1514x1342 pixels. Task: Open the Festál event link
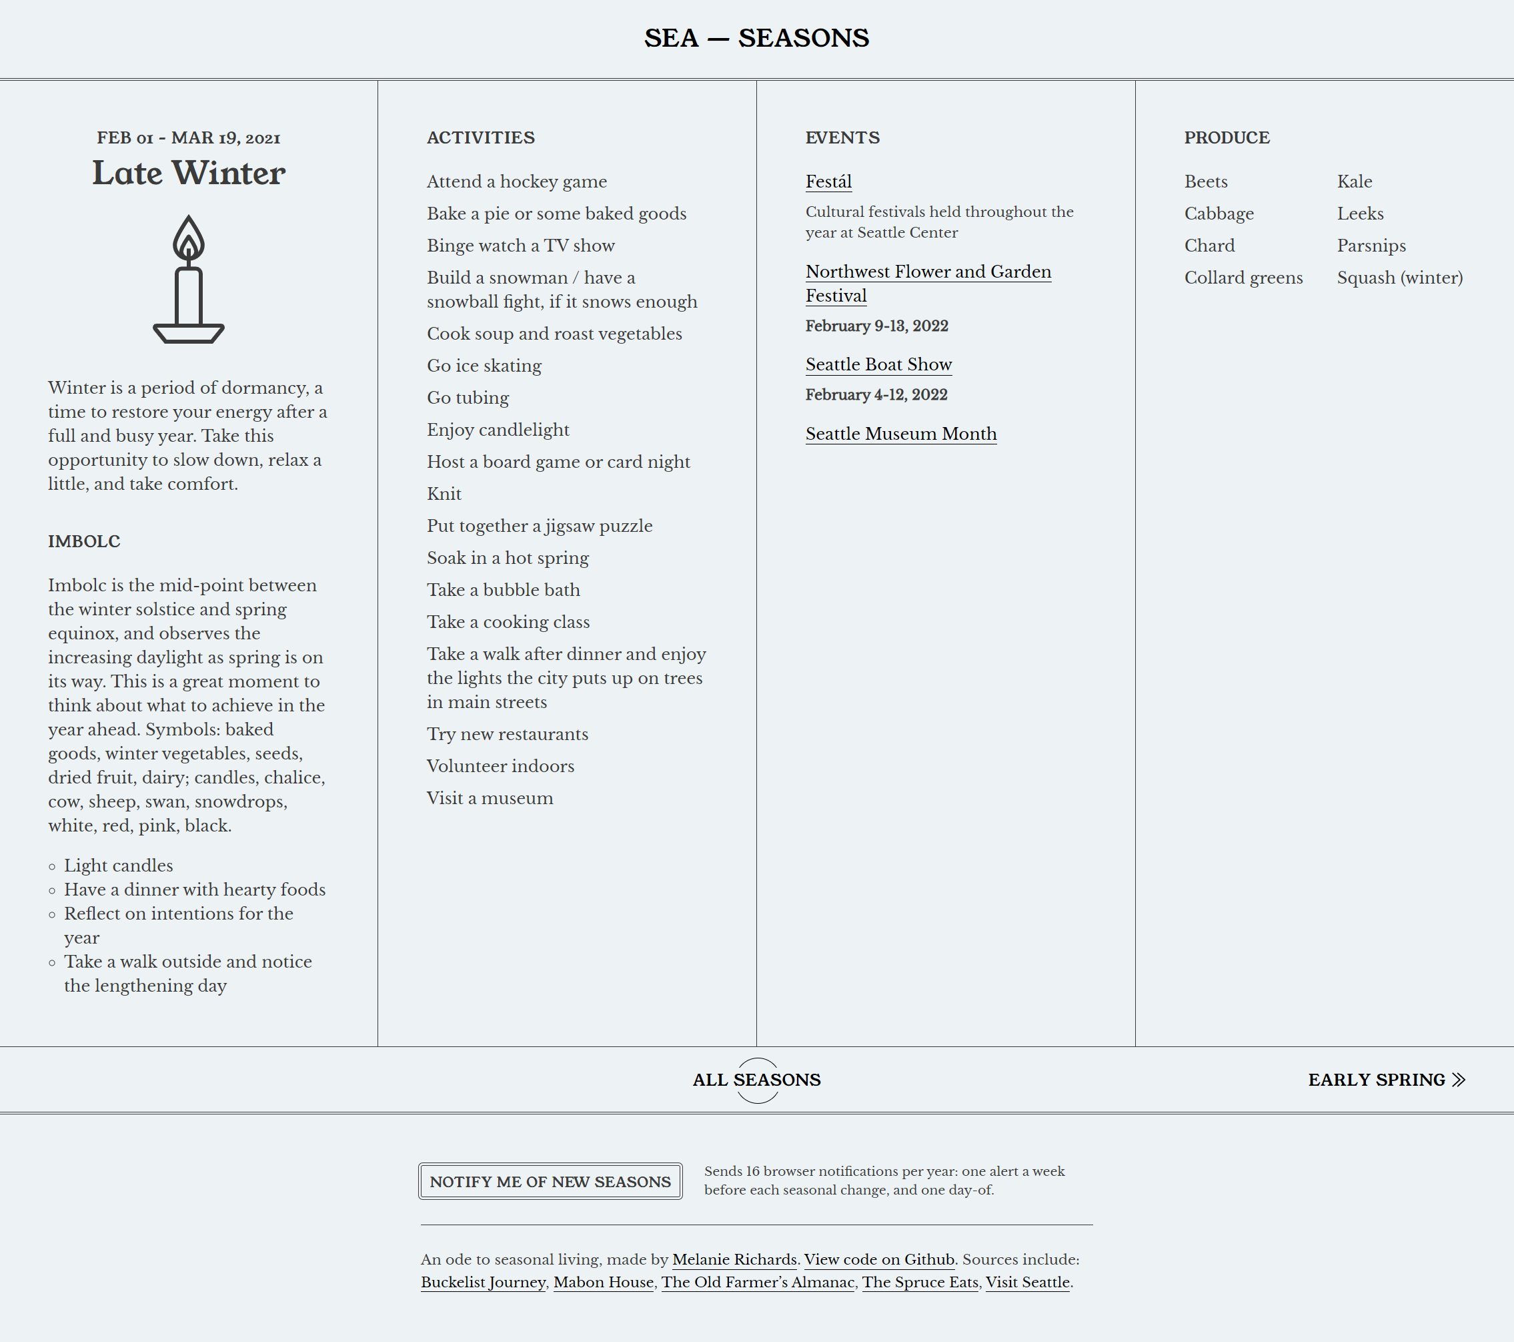(x=828, y=182)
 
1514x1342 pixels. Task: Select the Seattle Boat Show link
(x=878, y=364)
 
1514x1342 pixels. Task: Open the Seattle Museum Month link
(x=900, y=434)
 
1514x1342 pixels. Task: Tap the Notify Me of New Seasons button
(x=550, y=1181)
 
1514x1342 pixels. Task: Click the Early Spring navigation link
(x=1386, y=1080)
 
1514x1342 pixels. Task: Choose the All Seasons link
(x=756, y=1080)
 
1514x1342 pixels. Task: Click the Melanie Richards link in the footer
(x=734, y=1259)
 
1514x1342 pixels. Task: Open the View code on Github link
(x=878, y=1259)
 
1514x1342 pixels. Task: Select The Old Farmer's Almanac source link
(x=757, y=1282)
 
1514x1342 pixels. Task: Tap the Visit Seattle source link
(x=1026, y=1282)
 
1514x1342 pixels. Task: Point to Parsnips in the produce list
(x=1371, y=246)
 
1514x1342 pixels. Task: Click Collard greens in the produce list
(x=1243, y=277)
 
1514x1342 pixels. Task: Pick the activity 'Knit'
(x=444, y=494)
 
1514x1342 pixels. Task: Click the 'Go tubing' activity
(x=468, y=398)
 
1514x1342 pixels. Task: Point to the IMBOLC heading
(x=83, y=541)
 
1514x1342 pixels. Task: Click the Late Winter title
(x=188, y=173)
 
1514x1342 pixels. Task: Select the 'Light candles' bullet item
(x=118, y=866)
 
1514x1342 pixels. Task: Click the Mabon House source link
(x=603, y=1282)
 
